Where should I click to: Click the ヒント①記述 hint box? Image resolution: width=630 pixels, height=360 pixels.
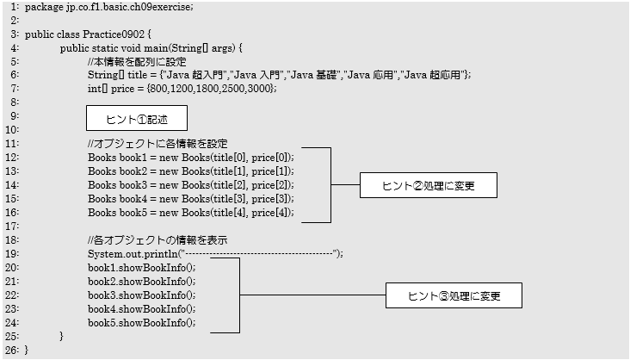point(136,118)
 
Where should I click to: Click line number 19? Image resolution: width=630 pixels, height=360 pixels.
point(11,254)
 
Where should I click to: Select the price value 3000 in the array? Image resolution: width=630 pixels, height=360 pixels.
point(261,89)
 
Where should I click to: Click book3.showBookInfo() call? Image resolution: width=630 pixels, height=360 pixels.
point(141,295)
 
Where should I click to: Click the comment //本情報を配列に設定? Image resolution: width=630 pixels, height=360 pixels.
point(139,61)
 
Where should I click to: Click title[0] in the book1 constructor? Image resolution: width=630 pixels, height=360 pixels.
point(226,158)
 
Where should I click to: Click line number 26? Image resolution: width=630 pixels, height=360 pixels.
point(11,351)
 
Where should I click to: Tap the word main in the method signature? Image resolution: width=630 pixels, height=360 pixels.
point(164,47)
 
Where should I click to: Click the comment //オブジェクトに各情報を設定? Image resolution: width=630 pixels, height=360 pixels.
point(157,144)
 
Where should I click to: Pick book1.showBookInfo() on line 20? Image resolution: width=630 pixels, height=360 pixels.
point(141,268)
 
